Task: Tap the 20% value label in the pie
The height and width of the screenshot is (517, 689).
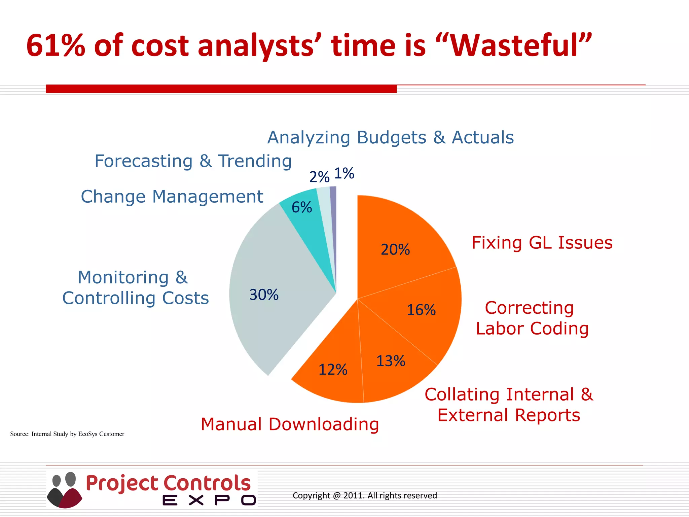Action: tap(395, 250)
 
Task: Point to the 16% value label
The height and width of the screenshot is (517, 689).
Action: tap(421, 310)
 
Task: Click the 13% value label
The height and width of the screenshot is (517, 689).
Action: tap(391, 361)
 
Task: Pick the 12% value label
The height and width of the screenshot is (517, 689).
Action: tap(333, 370)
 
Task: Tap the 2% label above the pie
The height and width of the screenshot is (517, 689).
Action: tap(319, 177)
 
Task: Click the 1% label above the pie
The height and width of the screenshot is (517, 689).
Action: tap(344, 174)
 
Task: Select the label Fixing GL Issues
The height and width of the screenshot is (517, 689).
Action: tap(542, 243)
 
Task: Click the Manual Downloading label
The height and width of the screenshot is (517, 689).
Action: tap(290, 424)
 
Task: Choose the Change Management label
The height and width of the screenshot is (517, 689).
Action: tap(172, 197)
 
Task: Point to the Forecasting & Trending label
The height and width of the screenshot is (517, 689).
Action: tap(193, 161)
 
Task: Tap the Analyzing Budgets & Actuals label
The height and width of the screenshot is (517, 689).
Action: tap(391, 138)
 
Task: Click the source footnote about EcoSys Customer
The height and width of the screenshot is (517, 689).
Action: tap(67, 434)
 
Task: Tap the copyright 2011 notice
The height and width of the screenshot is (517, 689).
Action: tap(365, 495)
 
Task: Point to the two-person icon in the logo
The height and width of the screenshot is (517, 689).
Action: tap(64, 490)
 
